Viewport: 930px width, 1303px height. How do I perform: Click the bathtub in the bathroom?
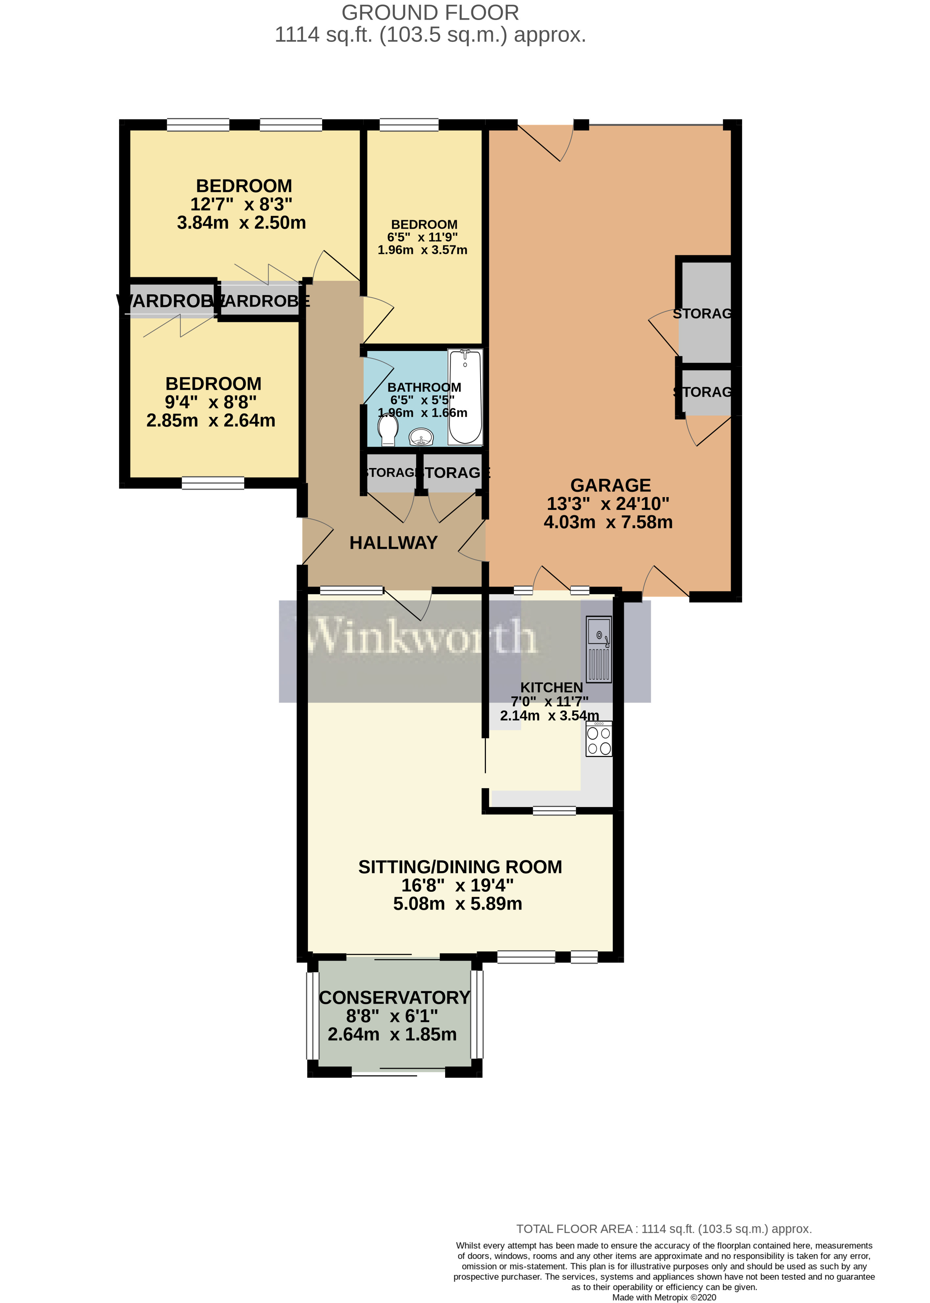(x=465, y=397)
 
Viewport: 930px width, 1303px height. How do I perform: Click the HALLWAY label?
(x=393, y=543)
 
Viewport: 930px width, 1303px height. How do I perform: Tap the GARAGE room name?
(x=610, y=485)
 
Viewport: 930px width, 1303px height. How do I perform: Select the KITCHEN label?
(x=551, y=687)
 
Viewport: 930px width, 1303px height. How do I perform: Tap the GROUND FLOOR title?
(x=430, y=13)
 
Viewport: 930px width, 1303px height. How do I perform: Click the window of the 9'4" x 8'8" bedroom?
(x=213, y=483)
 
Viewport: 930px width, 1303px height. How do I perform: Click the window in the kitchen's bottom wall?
(x=554, y=810)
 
